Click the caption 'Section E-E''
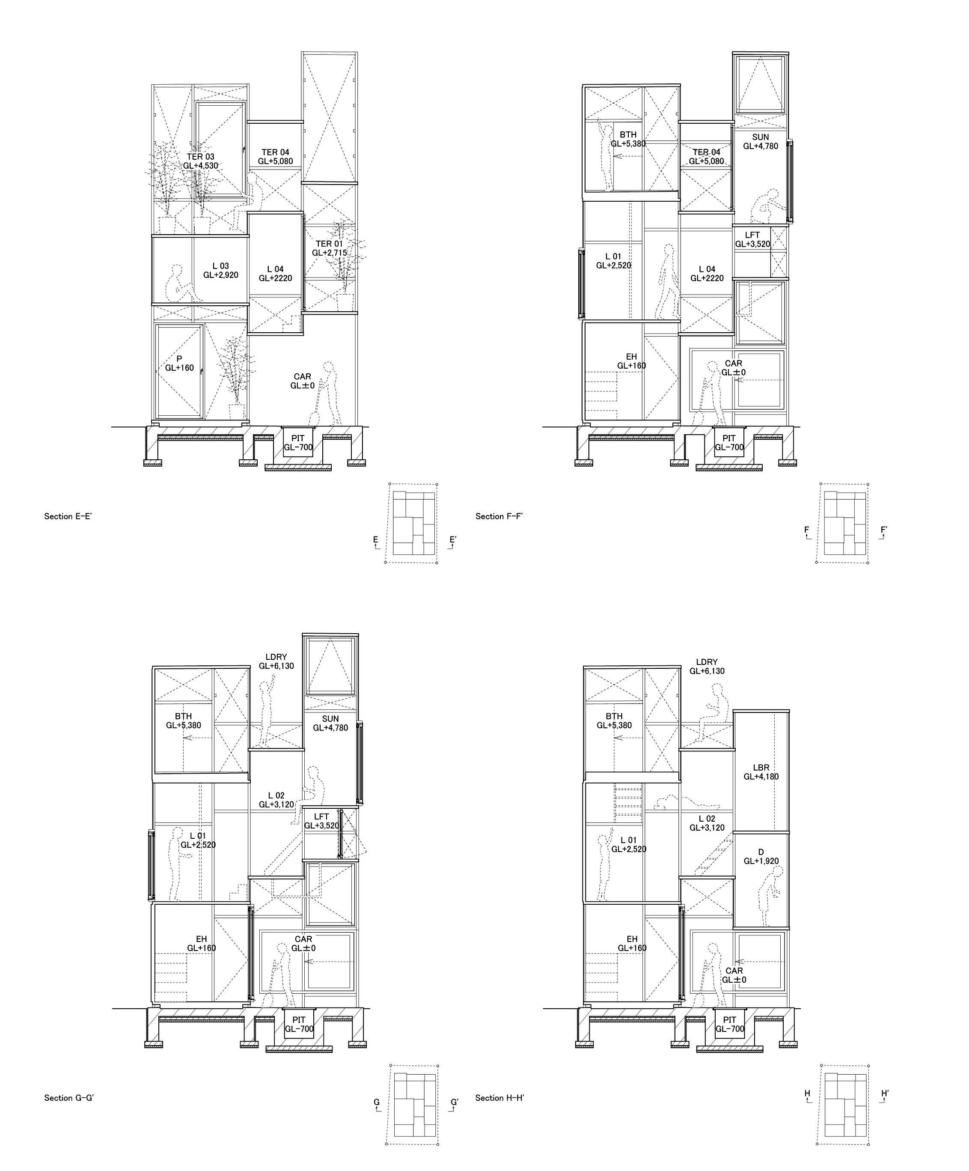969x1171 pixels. pyautogui.click(x=68, y=516)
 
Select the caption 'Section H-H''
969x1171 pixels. pyautogui.click(x=499, y=1098)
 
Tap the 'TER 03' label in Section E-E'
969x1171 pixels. pyautogui.click(x=201, y=157)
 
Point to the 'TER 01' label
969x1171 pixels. pyautogui.click(x=330, y=244)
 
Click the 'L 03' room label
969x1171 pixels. pyautogui.click(x=221, y=266)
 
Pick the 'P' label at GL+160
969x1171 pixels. pyautogui.click(x=179, y=358)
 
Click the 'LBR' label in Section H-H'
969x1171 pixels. pyautogui.click(x=761, y=767)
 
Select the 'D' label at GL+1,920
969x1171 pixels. pyautogui.click(x=761, y=852)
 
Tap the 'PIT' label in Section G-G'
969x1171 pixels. pyautogui.click(x=299, y=1020)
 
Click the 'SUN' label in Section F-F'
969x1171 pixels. pyautogui.click(x=761, y=137)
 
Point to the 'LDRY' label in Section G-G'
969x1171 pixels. pyautogui.click(x=276, y=657)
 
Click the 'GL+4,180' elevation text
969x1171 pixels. pyautogui.click(x=761, y=776)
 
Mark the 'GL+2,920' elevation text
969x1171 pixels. pyautogui.click(x=221, y=275)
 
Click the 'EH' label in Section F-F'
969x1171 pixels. pyautogui.click(x=631, y=357)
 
